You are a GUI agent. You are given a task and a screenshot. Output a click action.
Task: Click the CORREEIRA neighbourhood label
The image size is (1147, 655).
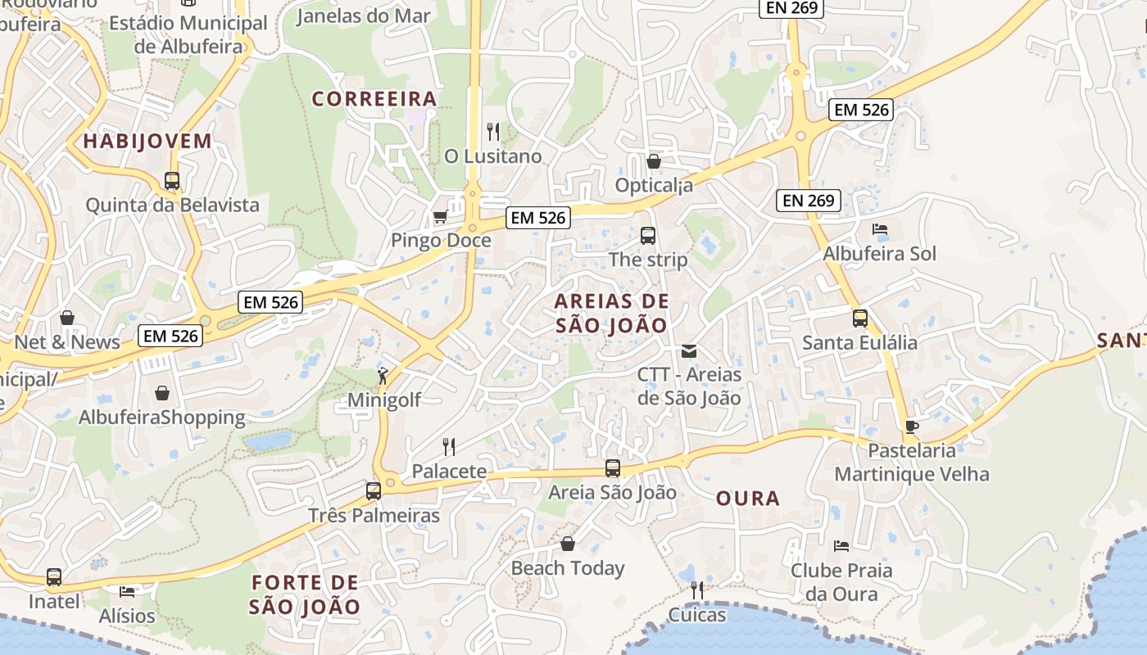[x=374, y=99]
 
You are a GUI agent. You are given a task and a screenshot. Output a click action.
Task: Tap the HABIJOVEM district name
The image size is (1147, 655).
[x=147, y=141]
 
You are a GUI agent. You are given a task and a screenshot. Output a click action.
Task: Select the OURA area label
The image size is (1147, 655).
[x=748, y=499]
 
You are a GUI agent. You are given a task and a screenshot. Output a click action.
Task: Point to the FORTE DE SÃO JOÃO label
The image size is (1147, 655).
[x=305, y=594]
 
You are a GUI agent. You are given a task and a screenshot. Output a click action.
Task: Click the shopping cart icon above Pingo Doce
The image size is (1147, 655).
[x=440, y=217]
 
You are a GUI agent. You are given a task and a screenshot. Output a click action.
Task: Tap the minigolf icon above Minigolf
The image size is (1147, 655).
[x=383, y=376]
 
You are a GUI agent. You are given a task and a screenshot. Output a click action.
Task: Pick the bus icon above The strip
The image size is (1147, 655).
[x=648, y=236]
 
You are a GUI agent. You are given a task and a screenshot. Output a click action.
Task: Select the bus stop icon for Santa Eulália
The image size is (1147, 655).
[x=859, y=318]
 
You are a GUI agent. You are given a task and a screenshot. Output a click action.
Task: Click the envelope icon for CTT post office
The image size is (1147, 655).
[x=689, y=351]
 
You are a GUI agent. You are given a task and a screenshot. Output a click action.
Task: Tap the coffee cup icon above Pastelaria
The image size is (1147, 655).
[x=911, y=427]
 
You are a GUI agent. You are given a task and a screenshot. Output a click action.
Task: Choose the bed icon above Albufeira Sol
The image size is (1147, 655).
[x=880, y=229]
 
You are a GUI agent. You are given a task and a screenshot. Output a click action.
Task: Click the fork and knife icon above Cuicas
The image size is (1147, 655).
[x=697, y=589]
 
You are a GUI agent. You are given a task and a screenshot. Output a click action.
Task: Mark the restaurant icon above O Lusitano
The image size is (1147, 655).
[x=492, y=131]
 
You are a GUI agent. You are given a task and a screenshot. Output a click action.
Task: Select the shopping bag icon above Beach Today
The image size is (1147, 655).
[x=567, y=544]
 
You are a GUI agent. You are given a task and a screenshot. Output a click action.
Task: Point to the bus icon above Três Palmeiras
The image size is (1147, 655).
[x=374, y=491]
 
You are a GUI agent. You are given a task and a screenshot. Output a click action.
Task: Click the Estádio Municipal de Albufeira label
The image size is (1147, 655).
[x=188, y=34]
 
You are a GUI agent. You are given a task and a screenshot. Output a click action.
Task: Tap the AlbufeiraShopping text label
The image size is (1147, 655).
[x=162, y=418]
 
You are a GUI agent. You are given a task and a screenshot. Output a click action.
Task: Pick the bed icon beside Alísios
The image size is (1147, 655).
[x=127, y=591]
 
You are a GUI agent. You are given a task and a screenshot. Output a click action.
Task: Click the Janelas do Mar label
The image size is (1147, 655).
[x=363, y=16]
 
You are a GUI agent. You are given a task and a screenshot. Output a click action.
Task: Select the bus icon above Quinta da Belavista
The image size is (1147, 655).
[x=172, y=181]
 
